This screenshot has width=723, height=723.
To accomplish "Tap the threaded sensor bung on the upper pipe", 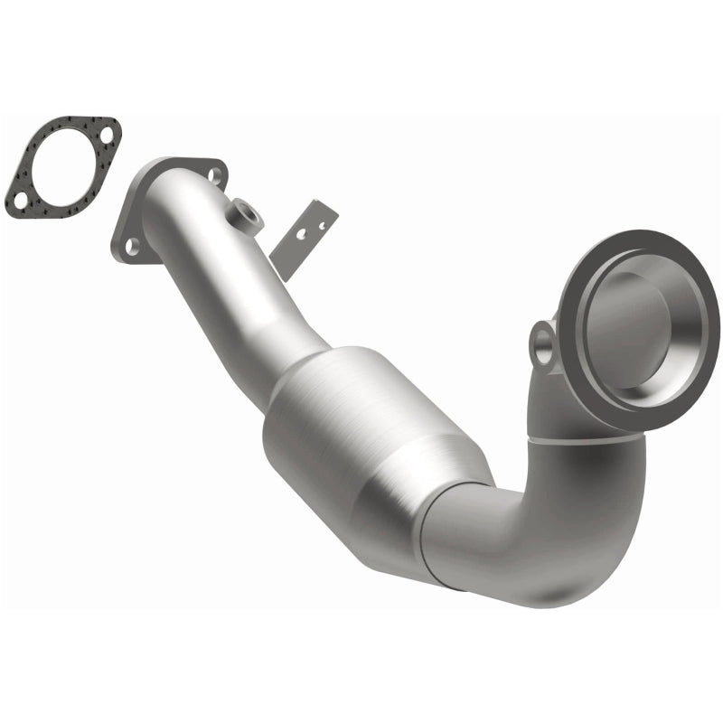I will (245, 214).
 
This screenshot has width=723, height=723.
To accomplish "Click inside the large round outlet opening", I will (633, 316).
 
